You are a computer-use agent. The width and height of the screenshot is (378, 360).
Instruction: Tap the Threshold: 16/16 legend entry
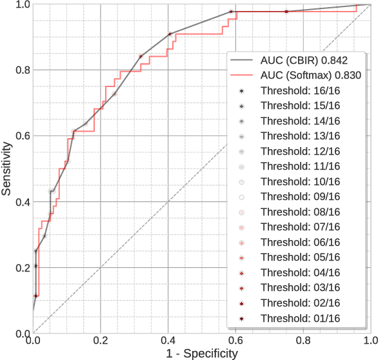click(x=300, y=90)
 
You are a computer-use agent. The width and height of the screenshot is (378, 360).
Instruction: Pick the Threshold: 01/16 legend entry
click(x=300, y=318)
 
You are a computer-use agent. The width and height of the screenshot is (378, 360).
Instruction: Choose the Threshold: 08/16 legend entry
click(x=300, y=212)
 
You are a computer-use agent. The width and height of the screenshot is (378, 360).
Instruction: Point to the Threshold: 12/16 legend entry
click(x=300, y=151)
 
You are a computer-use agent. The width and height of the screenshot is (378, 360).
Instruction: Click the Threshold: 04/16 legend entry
click(x=300, y=272)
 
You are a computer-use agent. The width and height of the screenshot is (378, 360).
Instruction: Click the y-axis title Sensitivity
click(x=7, y=169)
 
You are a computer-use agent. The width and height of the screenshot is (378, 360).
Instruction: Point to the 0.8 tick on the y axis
click(x=21, y=70)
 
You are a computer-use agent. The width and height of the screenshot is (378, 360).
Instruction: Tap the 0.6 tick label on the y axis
click(x=21, y=136)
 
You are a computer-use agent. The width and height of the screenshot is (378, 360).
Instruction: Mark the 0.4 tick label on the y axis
click(x=21, y=202)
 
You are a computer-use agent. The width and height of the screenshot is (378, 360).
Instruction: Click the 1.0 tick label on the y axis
click(x=21, y=5)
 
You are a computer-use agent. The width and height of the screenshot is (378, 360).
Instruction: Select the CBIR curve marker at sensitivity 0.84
click(x=140, y=57)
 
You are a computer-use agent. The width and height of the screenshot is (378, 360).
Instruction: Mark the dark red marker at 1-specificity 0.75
click(x=286, y=12)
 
